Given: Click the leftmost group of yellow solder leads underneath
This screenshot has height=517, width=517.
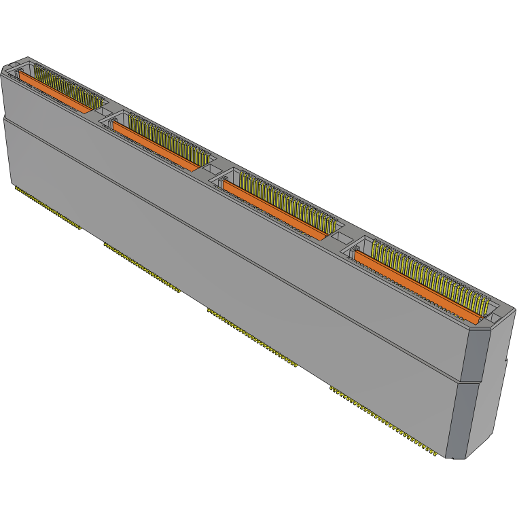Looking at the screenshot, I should [x=48, y=208].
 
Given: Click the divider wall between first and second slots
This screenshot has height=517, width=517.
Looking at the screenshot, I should [x=102, y=112].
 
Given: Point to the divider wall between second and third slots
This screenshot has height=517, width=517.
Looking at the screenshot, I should [x=210, y=170].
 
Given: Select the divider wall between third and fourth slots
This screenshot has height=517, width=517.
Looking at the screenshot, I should [x=340, y=238].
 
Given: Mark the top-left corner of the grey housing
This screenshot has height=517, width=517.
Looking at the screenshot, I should [x=3, y=67].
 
